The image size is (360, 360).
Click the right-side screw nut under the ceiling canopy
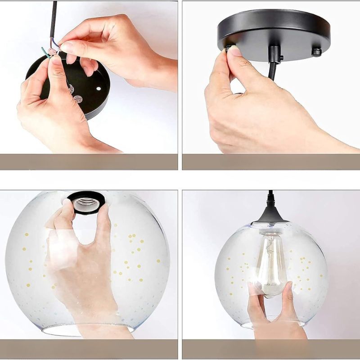click(316, 52)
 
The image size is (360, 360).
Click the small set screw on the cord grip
click(281, 58)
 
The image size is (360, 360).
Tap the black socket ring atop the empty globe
click(86, 198)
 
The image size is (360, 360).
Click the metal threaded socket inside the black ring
click(86, 205)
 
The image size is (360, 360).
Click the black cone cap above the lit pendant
click(271, 213)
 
